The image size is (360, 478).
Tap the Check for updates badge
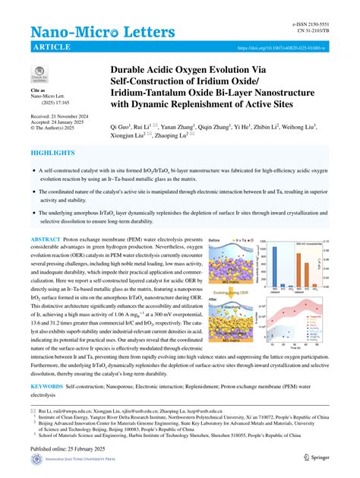[x=39, y=74]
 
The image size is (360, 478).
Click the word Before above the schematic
[x=216, y=240]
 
